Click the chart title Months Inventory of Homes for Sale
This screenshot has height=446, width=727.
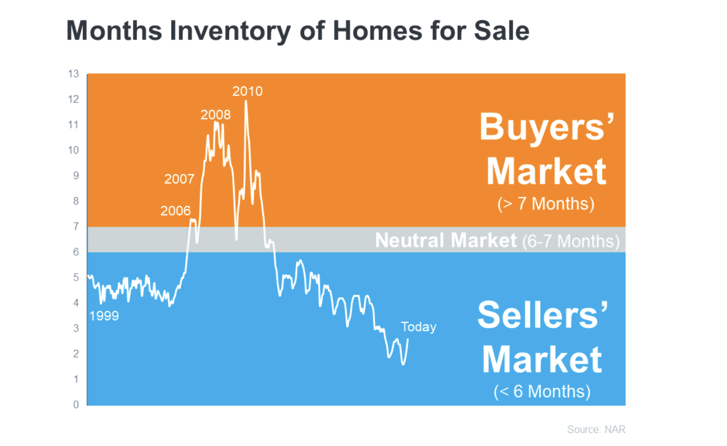coord(298,31)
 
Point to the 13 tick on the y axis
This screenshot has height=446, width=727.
coord(73,74)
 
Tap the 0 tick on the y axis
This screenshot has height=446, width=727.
coord(76,405)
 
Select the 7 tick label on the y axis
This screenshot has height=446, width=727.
coord(76,226)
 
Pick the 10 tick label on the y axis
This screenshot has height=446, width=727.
coord(73,150)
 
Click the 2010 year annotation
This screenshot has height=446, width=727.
coord(247,91)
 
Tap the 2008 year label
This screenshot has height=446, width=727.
coord(216,115)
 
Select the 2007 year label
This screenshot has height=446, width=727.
coord(179,179)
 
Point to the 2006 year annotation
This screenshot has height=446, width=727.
coord(175,211)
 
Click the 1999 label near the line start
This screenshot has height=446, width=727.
coord(104,316)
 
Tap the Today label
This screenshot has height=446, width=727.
coord(418,327)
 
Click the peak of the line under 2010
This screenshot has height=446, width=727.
coord(246,101)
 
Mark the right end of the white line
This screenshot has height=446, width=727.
coord(408,340)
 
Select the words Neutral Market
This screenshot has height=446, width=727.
coord(446,240)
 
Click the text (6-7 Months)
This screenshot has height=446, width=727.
coord(571,241)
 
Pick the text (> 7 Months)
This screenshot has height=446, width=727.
coord(546,204)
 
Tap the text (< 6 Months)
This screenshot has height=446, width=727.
coord(542,391)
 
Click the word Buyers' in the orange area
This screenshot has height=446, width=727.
coord(547,127)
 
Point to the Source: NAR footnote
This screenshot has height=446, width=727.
coord(596,429)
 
